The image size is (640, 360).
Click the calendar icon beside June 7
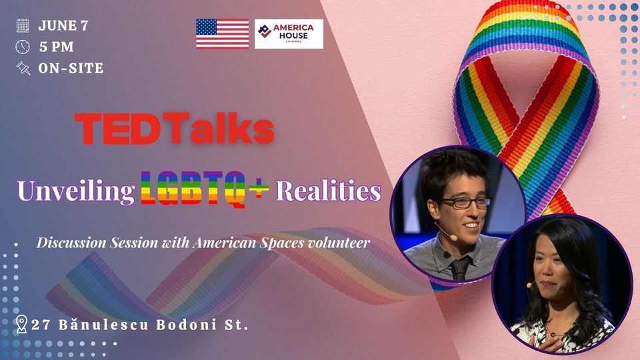point(23,25)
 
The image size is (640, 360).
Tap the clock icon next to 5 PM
point(23,47)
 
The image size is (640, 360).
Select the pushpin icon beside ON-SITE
point(23,68)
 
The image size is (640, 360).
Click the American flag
point(223,34)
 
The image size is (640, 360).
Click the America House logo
point(289,34)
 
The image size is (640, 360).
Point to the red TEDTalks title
point(174,129)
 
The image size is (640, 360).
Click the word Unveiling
point(76,191)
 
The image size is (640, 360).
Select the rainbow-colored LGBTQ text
point(193,189)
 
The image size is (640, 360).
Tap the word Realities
point(329,190)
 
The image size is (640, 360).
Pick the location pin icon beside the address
point(21,324)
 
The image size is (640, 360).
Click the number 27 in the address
point(41,325)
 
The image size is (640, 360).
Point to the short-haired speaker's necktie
point(459,269)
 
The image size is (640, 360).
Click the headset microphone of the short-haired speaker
point(445,232)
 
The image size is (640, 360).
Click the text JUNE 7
point(63,26)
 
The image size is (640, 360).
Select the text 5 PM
point(56,47)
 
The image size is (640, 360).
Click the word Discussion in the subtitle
point(72,243)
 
